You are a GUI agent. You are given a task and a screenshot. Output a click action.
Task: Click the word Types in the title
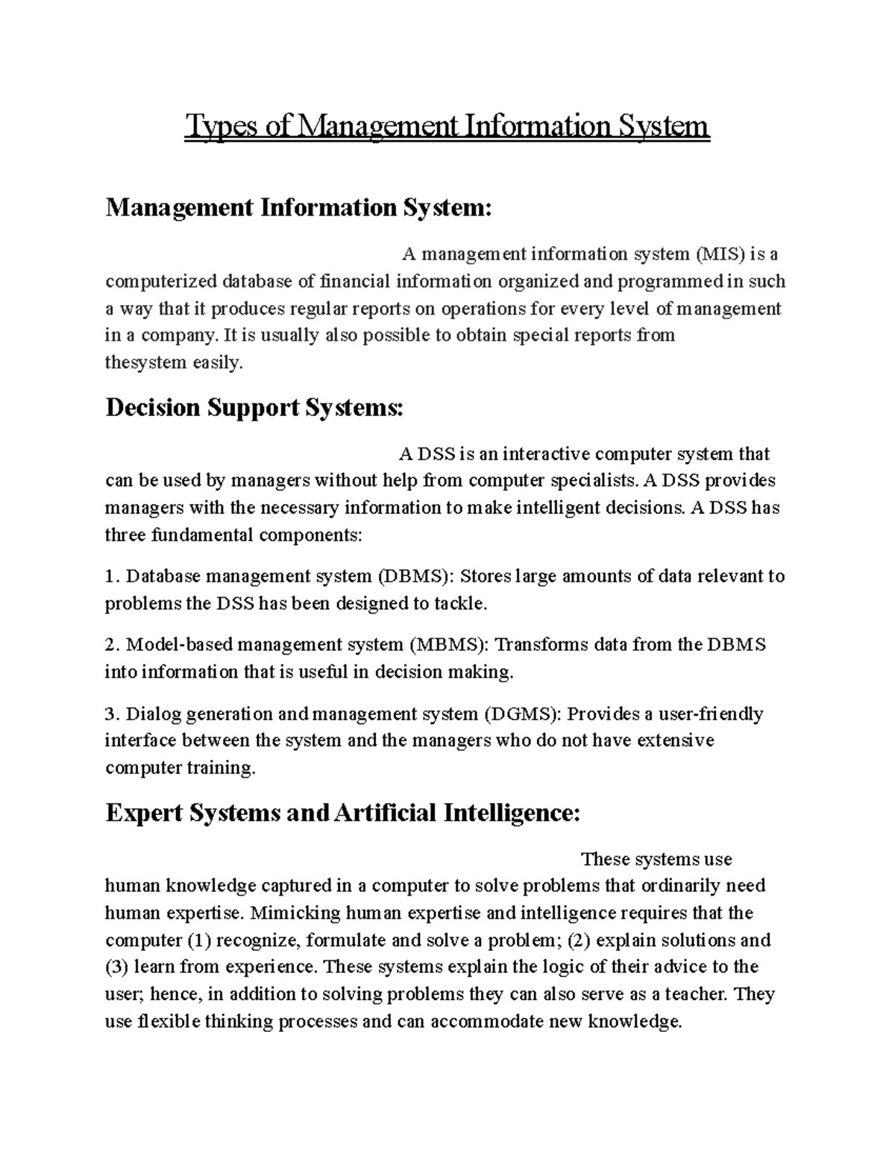(219, 126)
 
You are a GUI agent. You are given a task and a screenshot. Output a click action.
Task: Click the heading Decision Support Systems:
(254, 408)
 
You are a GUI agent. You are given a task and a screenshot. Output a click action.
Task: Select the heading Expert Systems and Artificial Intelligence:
(342, 812)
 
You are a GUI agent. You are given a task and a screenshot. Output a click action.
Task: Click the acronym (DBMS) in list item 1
(414, 576)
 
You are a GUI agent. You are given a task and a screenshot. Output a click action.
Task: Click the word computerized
(160, 282)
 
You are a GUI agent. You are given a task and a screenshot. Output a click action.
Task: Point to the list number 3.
(112, 714)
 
